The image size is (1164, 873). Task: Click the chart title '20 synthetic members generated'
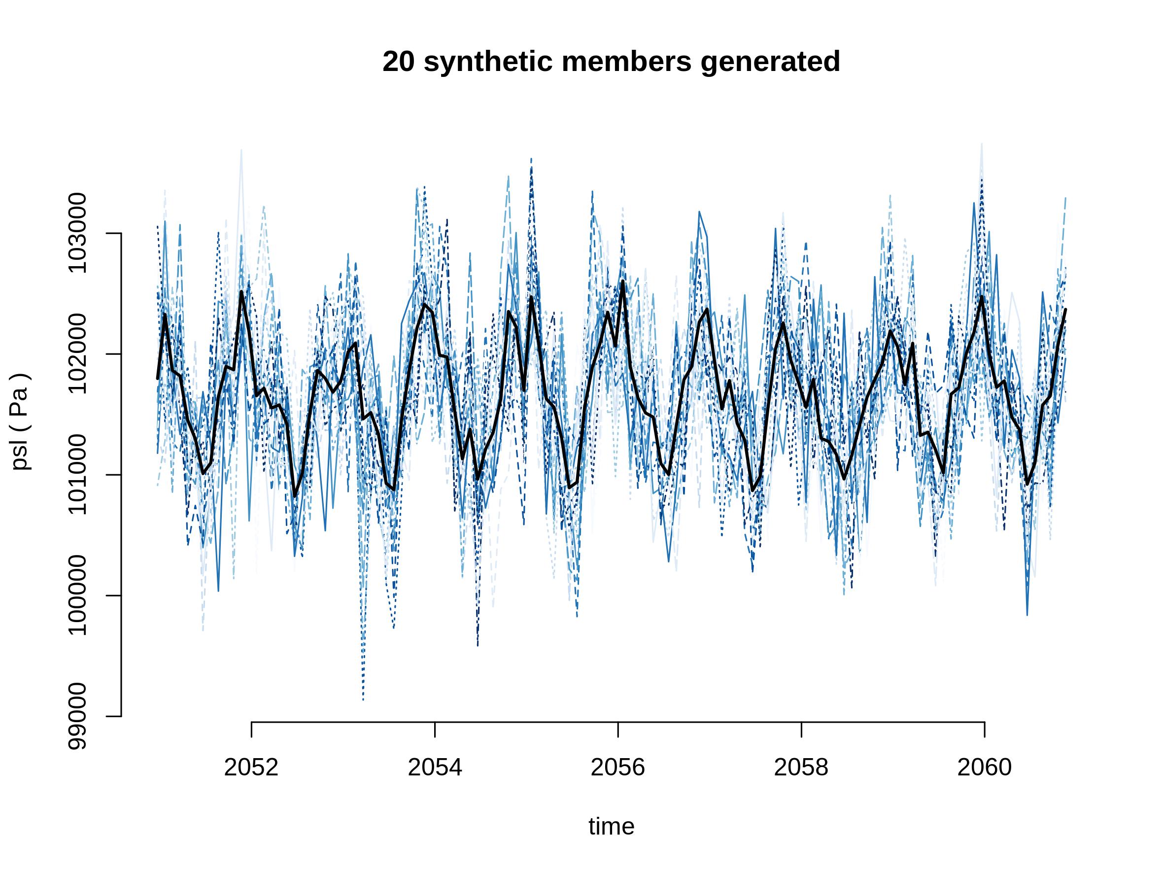pos(611,62)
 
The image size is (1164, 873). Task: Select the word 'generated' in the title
pos(770,62)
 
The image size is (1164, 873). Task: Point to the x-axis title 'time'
pos(612,827)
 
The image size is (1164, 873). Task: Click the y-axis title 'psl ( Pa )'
pos(20,421)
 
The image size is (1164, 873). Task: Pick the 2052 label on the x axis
pos(251,768)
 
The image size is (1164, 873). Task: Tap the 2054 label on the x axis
pos(435,768)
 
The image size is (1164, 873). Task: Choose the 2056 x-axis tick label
pos(618,768)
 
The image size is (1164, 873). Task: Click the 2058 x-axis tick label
pos(801,768)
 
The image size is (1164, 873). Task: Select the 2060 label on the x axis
pos(984,768)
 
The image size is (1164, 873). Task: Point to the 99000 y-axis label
pos(77,716)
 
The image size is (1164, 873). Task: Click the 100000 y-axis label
pos(77,595)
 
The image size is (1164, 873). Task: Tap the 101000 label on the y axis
pos(77,474)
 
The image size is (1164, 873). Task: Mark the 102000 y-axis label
pos(77,353)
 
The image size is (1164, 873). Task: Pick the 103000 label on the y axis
pos(77,233)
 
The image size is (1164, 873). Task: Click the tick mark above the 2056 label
pos(618,730)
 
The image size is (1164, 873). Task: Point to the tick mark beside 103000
pos(114,233)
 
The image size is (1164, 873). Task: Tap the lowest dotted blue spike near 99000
pos(363,699)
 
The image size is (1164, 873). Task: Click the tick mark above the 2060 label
pos(985,730)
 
